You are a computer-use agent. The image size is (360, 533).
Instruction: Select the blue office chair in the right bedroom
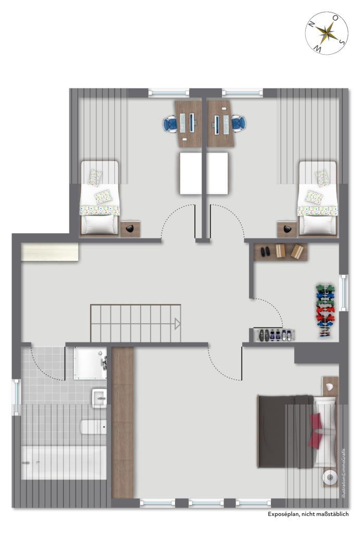(238, 123)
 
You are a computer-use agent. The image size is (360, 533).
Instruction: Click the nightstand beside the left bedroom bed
(131, 229)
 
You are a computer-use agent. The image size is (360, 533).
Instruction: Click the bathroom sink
(99, 398)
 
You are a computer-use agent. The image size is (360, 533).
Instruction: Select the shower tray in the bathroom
(90, 363)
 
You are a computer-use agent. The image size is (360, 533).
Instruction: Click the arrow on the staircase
(178, 324)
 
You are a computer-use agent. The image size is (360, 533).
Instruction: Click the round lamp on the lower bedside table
(329, 476)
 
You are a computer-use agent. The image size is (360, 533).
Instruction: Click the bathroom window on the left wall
(16, 397)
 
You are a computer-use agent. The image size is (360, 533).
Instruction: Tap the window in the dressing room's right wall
(343, 291)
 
